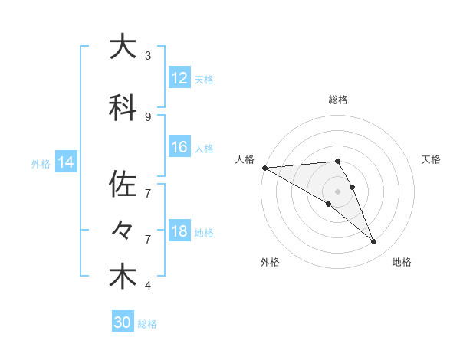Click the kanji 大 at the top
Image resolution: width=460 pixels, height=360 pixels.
point(123,47)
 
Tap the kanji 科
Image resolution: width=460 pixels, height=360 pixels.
point(123,108)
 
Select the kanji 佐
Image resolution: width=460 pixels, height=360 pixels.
point(123,185)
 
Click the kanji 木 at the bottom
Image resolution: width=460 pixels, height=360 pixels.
point(123,277)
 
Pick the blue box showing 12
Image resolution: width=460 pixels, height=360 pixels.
point(179,79)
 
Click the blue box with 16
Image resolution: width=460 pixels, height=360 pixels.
point(179,148)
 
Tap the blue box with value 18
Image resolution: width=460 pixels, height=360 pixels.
point(179,232)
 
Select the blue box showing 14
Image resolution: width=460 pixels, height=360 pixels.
point(65,162)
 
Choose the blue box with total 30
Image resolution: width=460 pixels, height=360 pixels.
point(123,322)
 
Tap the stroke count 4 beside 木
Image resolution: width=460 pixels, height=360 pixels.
point(148,286)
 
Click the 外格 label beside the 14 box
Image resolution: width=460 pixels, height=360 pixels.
point(41,163)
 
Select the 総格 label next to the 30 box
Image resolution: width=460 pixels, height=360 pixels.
point(148,324)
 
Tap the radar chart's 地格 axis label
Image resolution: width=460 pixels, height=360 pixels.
point(402,263)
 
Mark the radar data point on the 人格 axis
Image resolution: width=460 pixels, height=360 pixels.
point(264,168)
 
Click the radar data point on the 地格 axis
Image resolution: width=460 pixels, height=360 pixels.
point(374,242)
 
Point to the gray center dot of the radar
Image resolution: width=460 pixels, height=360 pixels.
point(337,191)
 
